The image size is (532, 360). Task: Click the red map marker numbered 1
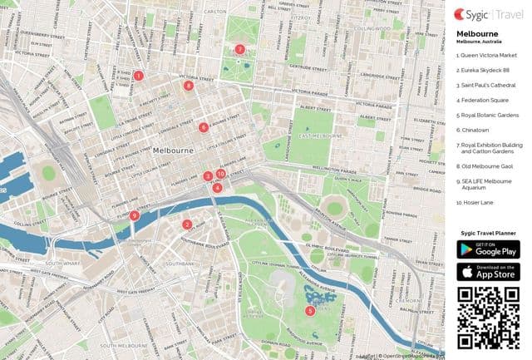point(138,76)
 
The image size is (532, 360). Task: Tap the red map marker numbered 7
point(239,49)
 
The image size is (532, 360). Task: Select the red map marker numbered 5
point(310,311)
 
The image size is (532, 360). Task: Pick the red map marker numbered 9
point(135,215)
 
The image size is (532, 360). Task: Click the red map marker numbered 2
point(187,224)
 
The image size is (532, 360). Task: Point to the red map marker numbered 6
point(204,127)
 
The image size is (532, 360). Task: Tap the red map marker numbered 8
point(189,85)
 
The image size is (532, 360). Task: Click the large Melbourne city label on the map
point(174,150)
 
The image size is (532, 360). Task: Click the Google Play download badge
point(489,249)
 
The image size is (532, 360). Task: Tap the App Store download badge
point(489,271)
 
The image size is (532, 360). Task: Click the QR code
point(489,317)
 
